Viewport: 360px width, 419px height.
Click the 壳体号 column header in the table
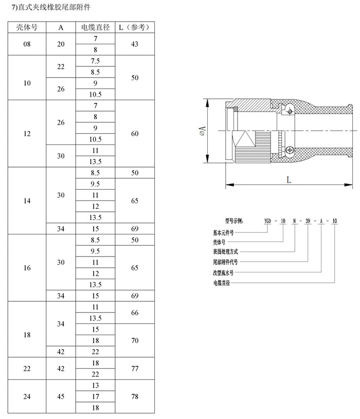pos(27,27)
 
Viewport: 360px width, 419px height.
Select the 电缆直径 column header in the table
pos(96,27)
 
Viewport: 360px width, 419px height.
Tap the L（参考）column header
pos(135,27)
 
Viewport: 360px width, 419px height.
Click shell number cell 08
pos(27,44)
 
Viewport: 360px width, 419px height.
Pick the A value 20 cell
pos(61,44)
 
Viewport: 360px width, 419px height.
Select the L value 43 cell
pos(135,44)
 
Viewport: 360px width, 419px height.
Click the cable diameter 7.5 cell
pos(96,61)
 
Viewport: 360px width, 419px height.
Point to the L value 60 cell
pos(135,134)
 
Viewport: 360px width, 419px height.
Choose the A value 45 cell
pos(61,396)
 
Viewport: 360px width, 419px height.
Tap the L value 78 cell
pos(135,396)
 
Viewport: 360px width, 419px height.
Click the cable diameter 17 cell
pos(96,396)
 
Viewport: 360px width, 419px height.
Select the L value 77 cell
pos(135,369)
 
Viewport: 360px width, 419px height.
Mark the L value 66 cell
pos(135,313)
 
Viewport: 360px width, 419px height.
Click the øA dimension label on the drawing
pos(203,131)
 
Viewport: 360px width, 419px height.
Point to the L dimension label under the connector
pos(289,179)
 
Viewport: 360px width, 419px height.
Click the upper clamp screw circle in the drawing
pos(290,111)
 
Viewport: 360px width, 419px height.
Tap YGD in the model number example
pos(267,221)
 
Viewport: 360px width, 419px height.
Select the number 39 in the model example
pos(308,221)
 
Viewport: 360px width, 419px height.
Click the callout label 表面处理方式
pos(225,251)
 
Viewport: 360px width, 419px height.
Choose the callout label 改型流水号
pos(223,272)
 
